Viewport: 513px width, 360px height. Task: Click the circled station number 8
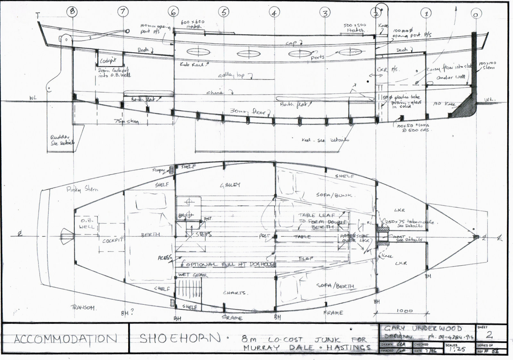pyautogui.click(x=72, y=12)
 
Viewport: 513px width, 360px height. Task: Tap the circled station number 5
pyautogui.click(x=224, y=12)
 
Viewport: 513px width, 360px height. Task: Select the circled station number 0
pyautogui.click(x=476, y=14)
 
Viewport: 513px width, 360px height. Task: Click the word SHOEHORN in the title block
pyautogui.click(x=181, y=338)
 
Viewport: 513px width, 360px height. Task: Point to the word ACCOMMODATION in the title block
pyautogui.click(x=65, y=339)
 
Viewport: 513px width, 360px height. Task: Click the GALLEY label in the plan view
pyautogui.click(x=230, y=185)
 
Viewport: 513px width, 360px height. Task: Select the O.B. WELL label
pyautogui.click(x=87, y=224)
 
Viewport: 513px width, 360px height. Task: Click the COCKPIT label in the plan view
pyautogui.click(x=113, y=240)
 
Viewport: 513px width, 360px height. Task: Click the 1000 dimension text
pyautogui.click(x=404, y=311)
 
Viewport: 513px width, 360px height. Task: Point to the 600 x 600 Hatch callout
pyautogui.click(x=193, y=24)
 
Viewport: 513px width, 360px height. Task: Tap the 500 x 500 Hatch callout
pyautogui.click(x=354, y=28)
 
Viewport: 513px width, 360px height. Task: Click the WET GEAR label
pyautogui.click(x=193, y=275)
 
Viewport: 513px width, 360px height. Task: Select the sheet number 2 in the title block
pyautogui.click(x=489, y=335)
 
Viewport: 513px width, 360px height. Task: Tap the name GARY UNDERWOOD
pyautogui.click(x=423, y=328)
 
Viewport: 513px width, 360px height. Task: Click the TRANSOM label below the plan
pyautogui.click(x=83, y=307)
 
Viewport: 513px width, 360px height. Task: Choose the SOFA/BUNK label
pyautogui.click(x=334, y=195)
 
